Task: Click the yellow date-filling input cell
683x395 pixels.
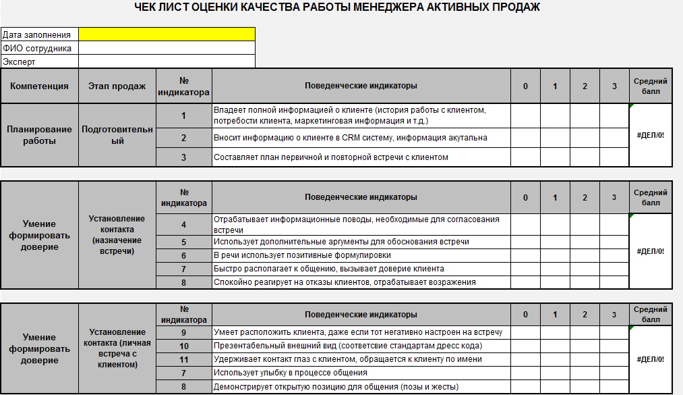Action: [x=167, y=34]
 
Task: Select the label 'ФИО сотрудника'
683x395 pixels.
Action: [x=37, y=48]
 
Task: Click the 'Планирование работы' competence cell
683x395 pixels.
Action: [x=39, y=135]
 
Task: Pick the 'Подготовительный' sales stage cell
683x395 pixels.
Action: [x=117, y=135]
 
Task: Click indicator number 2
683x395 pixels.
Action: [x=183, y=138]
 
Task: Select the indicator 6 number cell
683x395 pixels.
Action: [x=183, y=255]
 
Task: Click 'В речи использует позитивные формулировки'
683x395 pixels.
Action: [x=302, y=255]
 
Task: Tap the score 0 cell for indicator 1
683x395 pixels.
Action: [x=525, y=115]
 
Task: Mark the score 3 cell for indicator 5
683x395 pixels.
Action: [x=614, y=242]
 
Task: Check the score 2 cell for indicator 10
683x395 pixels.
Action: [x=585, y=346]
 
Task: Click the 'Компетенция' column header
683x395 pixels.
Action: [x=39, y=86]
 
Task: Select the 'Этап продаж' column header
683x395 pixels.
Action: [x=117, y=86]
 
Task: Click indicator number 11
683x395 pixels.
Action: [x=183, y=359]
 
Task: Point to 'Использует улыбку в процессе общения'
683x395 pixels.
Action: [x=290, y=373]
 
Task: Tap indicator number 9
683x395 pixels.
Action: [x=183, y=332]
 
